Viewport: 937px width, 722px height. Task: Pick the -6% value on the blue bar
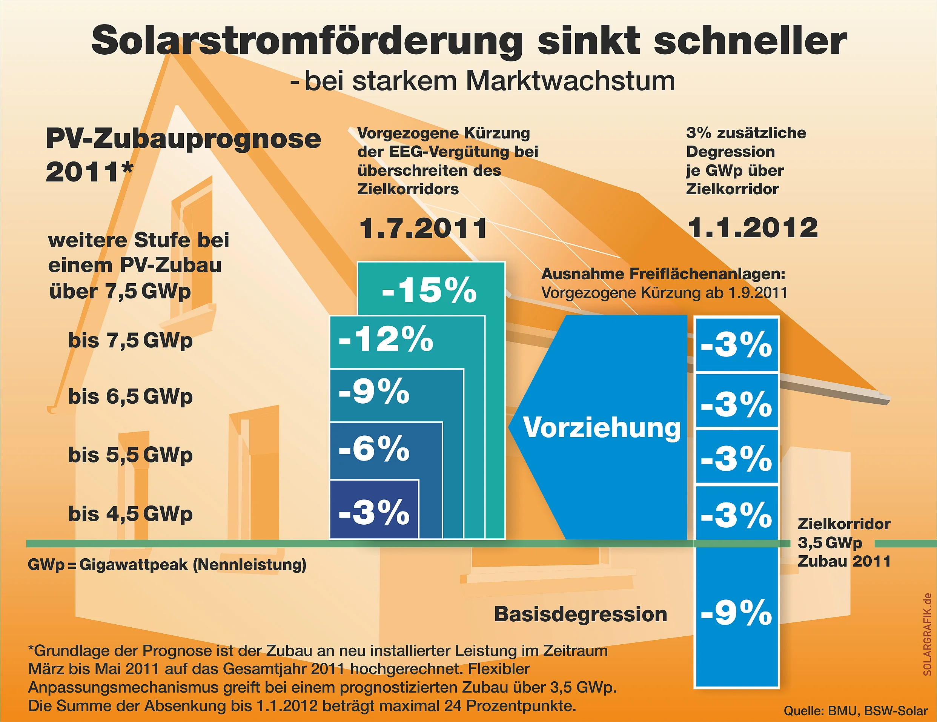[374, 449]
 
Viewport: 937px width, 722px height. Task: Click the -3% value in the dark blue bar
[374, 512]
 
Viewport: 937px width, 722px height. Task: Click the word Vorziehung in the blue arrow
[602, 428]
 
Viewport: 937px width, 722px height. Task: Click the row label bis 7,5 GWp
[131, 341]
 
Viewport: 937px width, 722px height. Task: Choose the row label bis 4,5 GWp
[131, 513]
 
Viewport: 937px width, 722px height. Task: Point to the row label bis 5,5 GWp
[131, 455]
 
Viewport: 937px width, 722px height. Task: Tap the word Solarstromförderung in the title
[307, 41]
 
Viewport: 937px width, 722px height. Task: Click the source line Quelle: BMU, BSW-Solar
[856, 711]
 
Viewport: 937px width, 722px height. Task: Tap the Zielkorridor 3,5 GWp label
[843, 533]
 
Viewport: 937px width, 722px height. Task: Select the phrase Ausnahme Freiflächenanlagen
[663, 274]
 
